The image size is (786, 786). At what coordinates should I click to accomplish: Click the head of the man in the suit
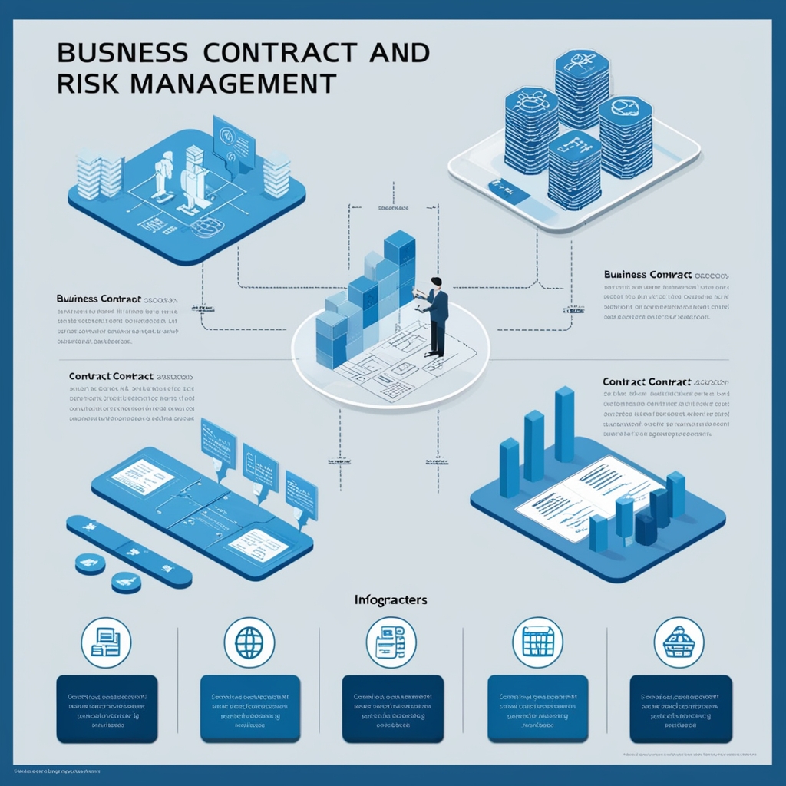point(436,283)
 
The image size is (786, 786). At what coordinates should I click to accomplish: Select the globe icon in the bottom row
point(249,642)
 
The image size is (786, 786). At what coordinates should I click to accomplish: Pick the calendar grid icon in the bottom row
point(537,642)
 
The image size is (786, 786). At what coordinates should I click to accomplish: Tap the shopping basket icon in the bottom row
point(679,642)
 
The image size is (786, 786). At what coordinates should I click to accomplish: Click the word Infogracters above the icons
point(391,599)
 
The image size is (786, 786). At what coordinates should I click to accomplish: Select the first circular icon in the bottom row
point(106,642)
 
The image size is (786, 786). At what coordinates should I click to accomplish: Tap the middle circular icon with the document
point(391,642)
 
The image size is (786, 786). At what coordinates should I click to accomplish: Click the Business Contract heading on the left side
point(98,298)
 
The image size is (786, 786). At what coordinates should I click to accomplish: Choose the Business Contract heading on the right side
point(648,274)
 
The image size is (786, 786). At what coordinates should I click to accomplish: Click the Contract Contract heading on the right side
point(647,381)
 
